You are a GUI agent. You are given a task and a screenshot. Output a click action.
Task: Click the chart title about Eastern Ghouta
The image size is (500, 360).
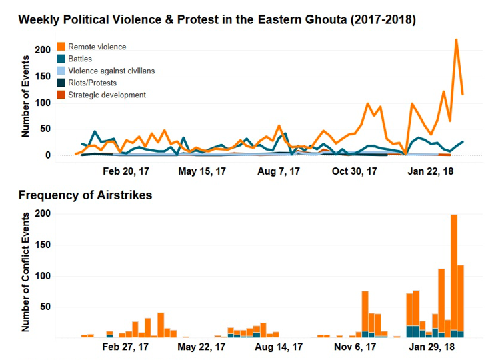click(x=217, y=19)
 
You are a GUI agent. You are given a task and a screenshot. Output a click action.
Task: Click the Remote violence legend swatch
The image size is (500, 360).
click(x=61, y=47)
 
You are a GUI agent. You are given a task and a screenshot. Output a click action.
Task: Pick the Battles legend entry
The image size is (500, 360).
click(x=80, y=59)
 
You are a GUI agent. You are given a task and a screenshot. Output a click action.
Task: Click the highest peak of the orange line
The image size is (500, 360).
click(x=456, y=40)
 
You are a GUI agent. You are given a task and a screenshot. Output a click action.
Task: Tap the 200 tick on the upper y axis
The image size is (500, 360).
click(x=43, y=50)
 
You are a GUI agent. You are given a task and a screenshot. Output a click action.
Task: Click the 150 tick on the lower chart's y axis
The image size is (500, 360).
click(x=43, y=245)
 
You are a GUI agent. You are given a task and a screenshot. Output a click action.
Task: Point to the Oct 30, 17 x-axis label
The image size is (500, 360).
click(x=355, y=171)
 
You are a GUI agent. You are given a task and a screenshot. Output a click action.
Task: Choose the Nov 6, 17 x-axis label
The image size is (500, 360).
click(x=355, y=347)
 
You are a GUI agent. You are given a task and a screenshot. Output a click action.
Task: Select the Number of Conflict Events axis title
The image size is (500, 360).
click(x=27, y=272)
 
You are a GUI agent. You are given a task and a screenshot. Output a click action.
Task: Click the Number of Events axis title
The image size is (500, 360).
click(x=27, y=97)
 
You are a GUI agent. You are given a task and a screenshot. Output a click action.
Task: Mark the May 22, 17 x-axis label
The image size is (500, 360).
click(x=202, y=347)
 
